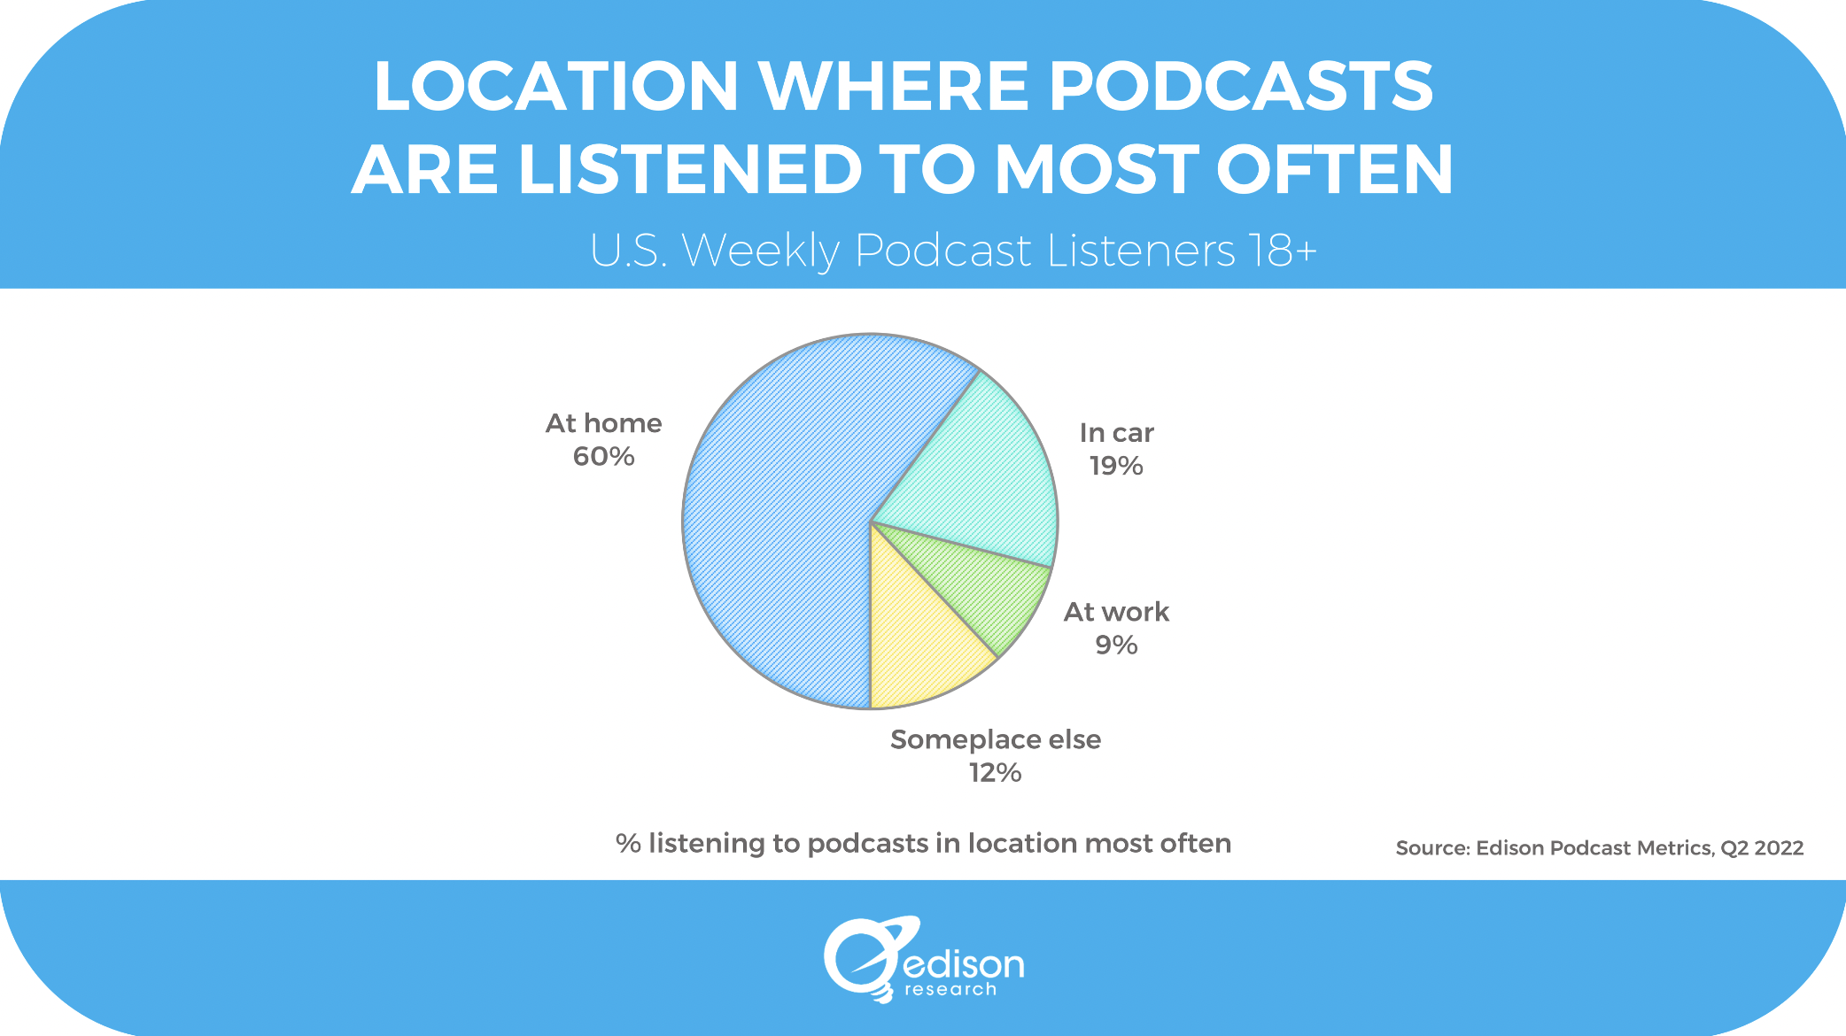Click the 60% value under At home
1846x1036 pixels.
603,457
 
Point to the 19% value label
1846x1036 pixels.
1116,466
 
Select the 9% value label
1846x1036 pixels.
1116,645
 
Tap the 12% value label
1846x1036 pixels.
995,773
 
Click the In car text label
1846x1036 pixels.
1116,433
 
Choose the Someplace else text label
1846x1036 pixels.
995,739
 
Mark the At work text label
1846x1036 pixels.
1116,612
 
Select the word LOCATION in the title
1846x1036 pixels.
555,86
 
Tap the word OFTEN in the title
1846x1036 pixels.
1335,169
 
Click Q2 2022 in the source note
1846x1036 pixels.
1761,848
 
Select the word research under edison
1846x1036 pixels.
950,990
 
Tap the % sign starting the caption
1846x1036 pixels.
628,843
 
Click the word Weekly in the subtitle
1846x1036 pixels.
760,251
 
